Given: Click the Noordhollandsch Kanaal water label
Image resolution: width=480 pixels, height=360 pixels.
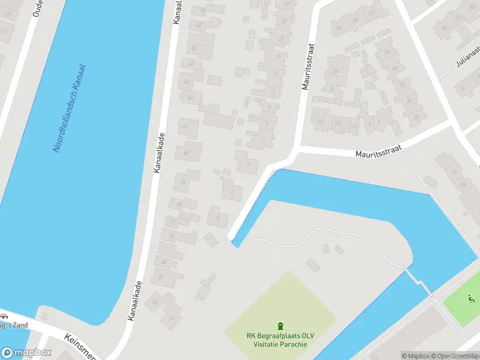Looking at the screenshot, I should [x=70, y=109].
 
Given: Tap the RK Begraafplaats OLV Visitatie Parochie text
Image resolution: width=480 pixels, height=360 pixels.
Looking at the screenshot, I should [x=280, y=340].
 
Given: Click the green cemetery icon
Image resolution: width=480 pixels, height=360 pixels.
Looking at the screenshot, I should [x=280, y=326].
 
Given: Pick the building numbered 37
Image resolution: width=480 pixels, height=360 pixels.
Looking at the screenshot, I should [x=173, y=222].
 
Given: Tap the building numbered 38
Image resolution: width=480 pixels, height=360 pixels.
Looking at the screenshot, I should [x=178, y=205].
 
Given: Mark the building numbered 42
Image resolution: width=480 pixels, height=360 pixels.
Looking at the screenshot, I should [x=190, y=97].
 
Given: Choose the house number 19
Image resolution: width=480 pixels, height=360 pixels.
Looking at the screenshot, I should [x=279, y=56].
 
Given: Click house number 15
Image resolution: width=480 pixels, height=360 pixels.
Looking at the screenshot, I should [x=276, y=74].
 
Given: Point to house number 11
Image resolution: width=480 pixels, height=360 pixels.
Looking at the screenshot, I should [x=273, y=92].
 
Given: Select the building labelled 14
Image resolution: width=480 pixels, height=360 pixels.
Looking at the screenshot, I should [x=319, y=121].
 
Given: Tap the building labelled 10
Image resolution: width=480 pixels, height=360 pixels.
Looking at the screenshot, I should [x=337, y=124].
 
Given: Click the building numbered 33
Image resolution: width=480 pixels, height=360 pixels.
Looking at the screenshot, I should [x=160, y=277].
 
